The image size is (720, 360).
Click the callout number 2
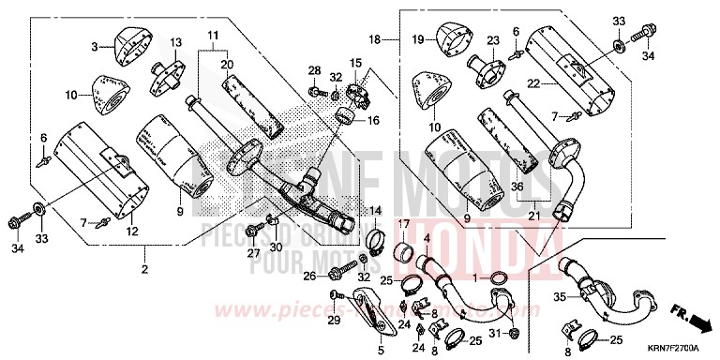click(x=145, y=271)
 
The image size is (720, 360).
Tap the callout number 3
click(x=95, y=46)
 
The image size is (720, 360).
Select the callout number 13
click(x=174, y=43)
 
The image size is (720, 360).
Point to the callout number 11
click(x=213, y=38)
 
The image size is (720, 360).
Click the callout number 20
click(x=225, y=64)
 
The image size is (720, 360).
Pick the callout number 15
click(x=355, y=63)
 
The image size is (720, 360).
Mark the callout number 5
click(x=381, y=350)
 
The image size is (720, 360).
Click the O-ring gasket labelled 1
click(x=500, y=277)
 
